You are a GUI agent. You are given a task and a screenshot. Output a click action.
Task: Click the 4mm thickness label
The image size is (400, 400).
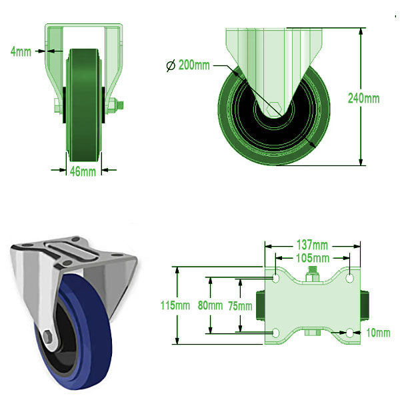coord(21,52)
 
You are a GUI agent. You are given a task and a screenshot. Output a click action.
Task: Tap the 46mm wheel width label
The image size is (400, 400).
coord(83,171)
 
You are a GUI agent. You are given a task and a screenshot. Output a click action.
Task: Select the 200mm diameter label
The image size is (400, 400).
coord(194,65)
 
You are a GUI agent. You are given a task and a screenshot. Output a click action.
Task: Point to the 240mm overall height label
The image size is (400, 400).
coord(364,98)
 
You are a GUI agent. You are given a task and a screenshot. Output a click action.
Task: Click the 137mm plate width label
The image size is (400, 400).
coord(312,245)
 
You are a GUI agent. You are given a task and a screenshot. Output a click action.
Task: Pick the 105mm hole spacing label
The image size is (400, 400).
coord(313,258)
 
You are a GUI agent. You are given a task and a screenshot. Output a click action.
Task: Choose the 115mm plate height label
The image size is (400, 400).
coord(175,305)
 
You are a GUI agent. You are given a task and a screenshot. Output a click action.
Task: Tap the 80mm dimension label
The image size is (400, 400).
coord(211,305)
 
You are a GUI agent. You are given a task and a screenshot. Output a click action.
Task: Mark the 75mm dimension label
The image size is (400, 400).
coord(240,306)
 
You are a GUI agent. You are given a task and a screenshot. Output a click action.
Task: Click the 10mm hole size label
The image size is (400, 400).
coord(378,333)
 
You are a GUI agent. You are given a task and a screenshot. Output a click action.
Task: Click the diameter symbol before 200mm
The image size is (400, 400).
coord(171,65)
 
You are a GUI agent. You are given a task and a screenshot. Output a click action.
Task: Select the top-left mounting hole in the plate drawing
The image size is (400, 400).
coord(276,278)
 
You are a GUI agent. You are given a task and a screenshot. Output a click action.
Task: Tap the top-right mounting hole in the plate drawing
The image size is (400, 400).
coord(349,278)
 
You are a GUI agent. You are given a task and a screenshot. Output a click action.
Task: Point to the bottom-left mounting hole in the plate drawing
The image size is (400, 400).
coord(276,333)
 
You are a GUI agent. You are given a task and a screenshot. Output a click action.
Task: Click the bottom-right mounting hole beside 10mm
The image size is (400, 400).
coord(350,333)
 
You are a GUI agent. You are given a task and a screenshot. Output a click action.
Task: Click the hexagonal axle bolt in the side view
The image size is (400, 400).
coord(274,109)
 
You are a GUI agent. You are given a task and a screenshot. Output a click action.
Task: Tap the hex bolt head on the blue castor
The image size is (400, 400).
coord(48,337)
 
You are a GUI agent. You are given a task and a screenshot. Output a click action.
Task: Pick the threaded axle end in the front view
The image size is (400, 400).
coord(120,105)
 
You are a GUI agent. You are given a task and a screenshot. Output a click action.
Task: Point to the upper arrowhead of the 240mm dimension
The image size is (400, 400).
coord(361,31)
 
